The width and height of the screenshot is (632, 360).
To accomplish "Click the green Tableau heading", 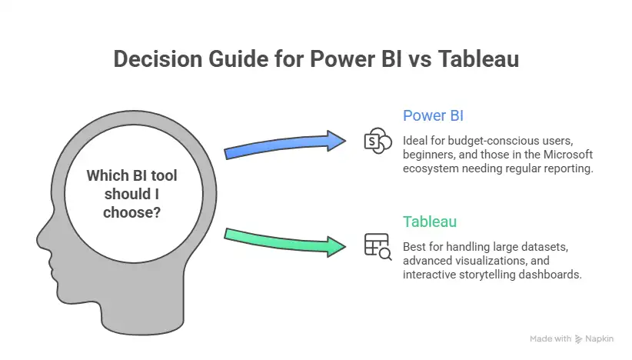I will (430, 222).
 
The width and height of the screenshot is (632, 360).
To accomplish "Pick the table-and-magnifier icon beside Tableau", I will (377, 246).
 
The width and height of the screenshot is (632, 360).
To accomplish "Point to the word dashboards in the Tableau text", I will (550, 274).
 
